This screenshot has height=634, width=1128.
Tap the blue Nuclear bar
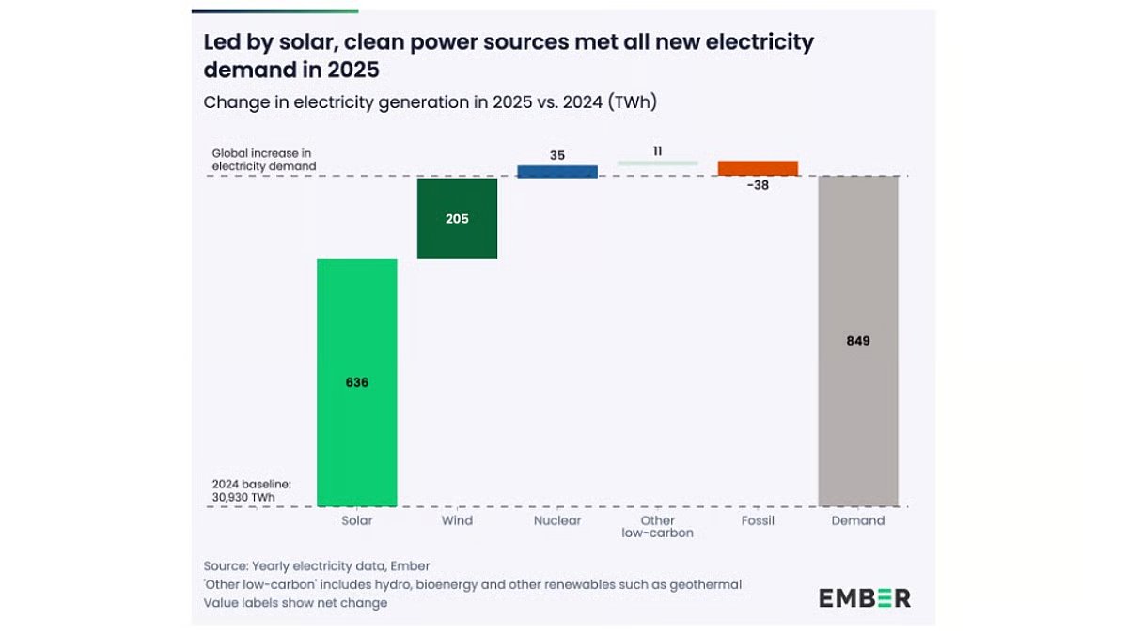557,172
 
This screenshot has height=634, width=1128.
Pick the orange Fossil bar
758,168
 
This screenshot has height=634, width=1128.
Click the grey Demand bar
858,423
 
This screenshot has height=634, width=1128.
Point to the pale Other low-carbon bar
658,163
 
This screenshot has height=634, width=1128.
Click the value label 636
356,382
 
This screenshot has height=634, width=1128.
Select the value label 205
457,219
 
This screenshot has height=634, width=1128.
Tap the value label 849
858,341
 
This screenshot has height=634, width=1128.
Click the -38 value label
758,185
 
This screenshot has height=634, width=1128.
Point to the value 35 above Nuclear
557,155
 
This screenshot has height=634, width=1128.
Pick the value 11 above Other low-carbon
658,150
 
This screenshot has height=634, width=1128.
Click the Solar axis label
357,520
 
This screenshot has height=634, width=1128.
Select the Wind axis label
457,520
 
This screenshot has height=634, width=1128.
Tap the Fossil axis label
758,520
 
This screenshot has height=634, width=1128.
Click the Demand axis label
858,520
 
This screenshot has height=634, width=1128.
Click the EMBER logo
864,597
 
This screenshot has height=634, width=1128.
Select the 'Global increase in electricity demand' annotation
264,159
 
